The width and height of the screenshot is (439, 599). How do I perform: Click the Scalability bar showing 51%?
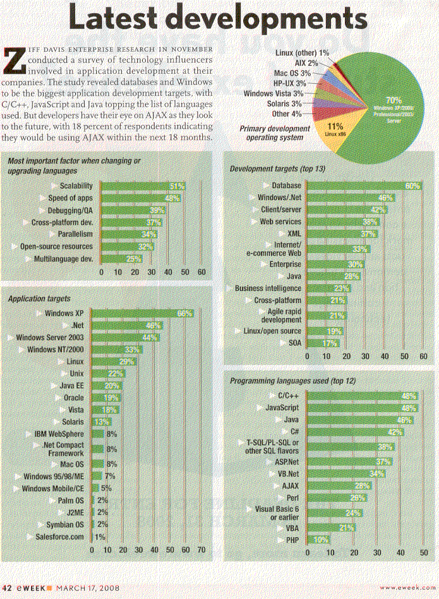click(143, 186)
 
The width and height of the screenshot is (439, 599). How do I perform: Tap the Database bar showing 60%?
click(363, 186)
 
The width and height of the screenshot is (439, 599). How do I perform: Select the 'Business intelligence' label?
click(268, 288)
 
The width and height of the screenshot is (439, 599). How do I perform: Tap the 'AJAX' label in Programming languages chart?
click(290, 486)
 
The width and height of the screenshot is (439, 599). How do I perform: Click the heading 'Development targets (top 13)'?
click(277, 169)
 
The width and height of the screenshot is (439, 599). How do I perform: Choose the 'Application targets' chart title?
click(39, 297)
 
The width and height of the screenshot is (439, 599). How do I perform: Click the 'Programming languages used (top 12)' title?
click(292, 381)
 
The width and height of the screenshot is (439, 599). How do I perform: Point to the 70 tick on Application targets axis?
click(202, 550)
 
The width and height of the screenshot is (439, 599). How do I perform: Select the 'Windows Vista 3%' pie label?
click(275, 93)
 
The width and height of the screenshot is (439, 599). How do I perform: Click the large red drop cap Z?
click(14, 60)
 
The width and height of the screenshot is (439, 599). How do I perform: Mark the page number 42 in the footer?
click(8, 588)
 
